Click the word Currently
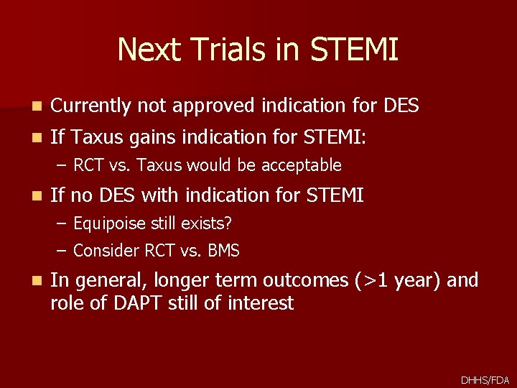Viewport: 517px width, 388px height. pyautogui.click(x=90, y=106)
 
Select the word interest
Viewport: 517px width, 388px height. pyautogui.click(x=261, y=303)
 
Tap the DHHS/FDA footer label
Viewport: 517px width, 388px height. pyautogui.click(x=485, y=379)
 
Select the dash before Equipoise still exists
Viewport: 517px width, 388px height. pyautogui.click(x=62, y=223)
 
